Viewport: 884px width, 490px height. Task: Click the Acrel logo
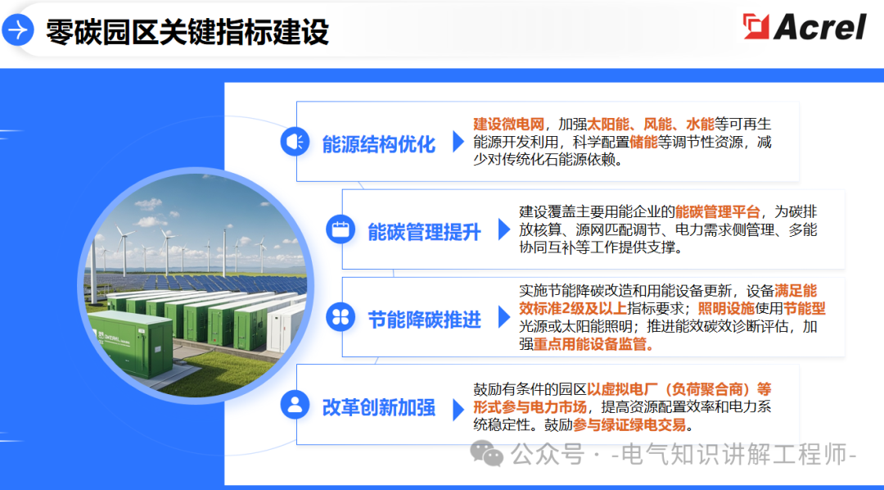(x=804, y=27)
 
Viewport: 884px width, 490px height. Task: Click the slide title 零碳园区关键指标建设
(x=187, y=31)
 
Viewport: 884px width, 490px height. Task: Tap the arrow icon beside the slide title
(x=17, y=30)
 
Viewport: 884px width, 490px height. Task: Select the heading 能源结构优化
(x=378, y=144)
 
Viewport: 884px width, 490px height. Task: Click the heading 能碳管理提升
(x=424, y=231)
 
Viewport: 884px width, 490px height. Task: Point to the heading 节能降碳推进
(x=424, y=319)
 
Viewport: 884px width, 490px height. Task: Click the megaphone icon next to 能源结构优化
(x=294, y=142)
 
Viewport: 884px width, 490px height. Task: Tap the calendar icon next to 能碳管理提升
(x=339, y=229)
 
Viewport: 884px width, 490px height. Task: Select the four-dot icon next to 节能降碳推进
(x=339, y=317)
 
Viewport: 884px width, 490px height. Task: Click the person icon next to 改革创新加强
(x=294, y=404)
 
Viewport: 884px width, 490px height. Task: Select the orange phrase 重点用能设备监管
(x=593, y=344)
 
